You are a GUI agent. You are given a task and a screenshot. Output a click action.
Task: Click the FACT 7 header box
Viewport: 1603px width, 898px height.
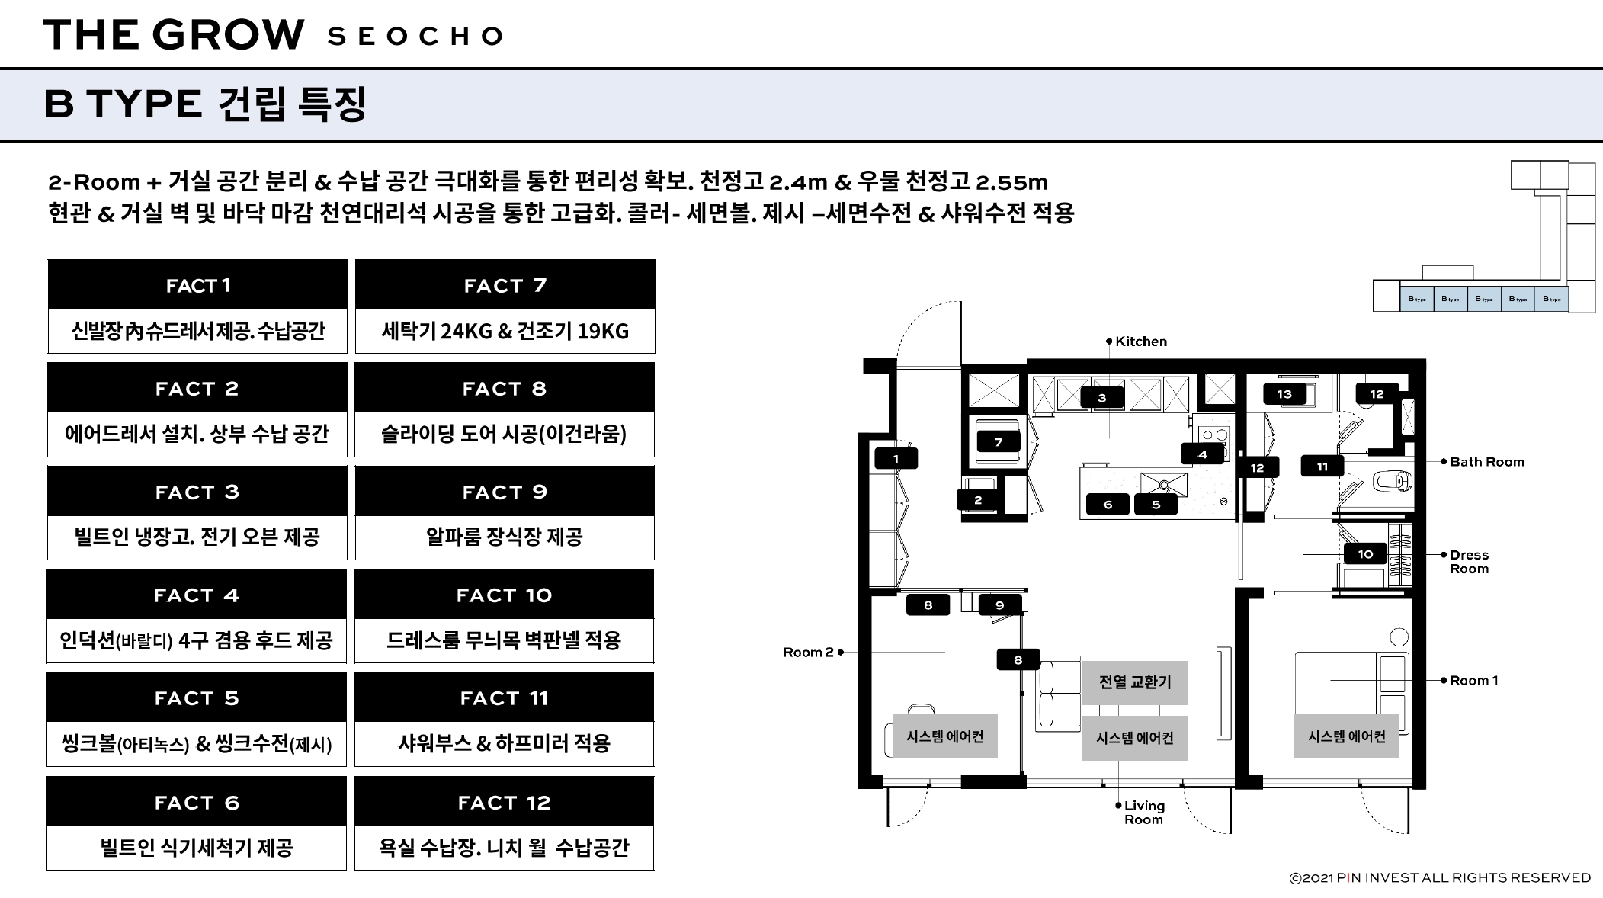tap(505, 285)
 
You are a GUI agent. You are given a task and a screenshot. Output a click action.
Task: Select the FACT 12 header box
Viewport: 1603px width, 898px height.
tap(504, 802)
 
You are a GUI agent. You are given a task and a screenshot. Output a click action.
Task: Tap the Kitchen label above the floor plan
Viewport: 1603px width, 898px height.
tap(1140, 342)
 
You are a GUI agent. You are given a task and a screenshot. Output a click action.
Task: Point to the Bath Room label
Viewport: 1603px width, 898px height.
tap(1486, 462)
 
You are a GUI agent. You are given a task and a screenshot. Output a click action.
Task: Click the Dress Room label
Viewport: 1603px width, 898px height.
tap(1469, 562)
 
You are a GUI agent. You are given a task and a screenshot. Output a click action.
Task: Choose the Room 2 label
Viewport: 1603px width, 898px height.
tap(808, 653)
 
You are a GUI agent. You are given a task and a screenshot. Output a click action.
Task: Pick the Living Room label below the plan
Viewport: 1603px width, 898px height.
tap(1143, 813)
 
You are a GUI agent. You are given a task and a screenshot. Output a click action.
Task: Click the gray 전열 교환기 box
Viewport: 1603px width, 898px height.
tap(1135, 682)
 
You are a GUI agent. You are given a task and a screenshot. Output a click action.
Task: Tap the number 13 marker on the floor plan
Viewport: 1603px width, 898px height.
tap(1284, 394)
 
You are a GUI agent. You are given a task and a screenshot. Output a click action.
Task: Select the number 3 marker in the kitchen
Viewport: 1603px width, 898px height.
tap(1101, 398)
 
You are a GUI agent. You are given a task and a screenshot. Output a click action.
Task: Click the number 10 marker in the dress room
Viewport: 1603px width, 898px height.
tap(1365, 554)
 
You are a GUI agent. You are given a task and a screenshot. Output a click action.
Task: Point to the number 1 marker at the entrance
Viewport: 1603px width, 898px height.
tap(896, 459)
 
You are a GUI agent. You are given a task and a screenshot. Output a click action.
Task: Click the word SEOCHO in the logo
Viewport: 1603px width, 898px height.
tap(415, 37)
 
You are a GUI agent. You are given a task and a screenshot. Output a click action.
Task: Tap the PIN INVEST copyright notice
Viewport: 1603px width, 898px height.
tap(1439, 878)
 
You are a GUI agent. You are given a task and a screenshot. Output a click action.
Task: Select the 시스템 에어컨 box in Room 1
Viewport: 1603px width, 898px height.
tap(1346, 736)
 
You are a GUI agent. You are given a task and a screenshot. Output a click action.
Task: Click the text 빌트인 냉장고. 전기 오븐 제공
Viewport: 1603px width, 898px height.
tap(197, 537)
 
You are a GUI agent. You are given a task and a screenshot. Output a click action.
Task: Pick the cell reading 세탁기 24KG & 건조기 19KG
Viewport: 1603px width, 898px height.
tap(505, 331)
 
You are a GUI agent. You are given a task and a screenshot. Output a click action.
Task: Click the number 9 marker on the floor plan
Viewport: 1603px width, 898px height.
tap(999, 605)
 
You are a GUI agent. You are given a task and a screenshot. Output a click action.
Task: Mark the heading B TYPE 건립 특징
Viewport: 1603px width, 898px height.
tap(206, 104)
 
